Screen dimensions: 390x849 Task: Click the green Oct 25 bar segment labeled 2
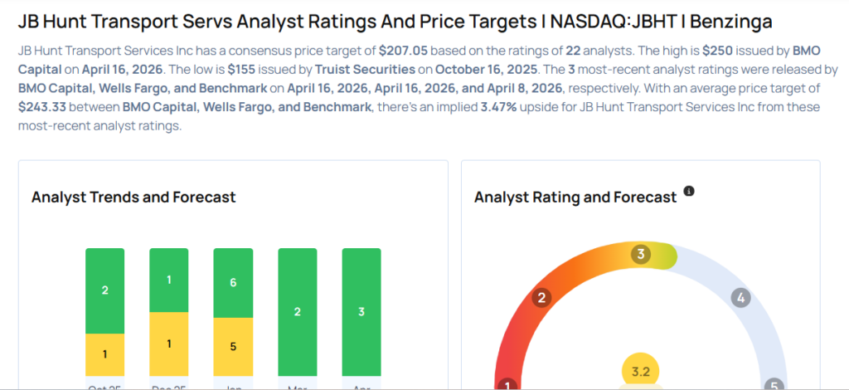coord(104,290)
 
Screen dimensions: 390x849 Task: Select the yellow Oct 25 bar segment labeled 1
coord(104,354)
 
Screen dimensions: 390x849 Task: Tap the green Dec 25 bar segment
coord(168,280)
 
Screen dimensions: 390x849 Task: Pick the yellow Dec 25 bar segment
coord(168,344)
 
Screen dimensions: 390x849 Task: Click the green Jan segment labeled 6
coord(233,283)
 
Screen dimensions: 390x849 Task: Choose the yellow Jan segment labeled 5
coord(233,346)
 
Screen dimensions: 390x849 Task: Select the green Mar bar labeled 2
coord(297,312)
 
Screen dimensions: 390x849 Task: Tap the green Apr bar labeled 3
coord(361,312)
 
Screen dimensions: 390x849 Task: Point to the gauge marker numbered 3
coord(639,254)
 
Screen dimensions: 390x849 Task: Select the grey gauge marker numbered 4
coord(741,298)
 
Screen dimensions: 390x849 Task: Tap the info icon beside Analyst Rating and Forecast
coord(689,193)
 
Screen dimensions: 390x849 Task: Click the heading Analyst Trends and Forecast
coord(133,197)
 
